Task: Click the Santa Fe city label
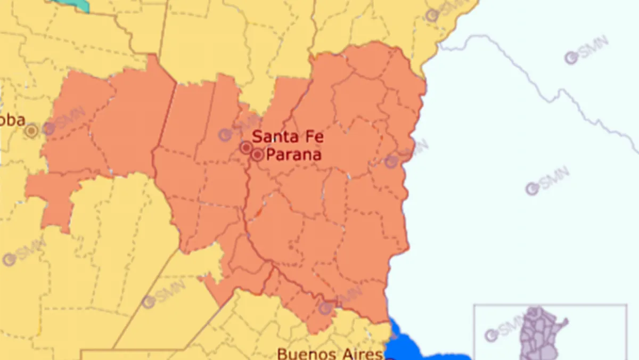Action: (288, 137)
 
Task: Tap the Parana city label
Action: (293, 155)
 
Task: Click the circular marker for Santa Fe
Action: (246, 147)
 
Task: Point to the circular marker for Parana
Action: (258, 155)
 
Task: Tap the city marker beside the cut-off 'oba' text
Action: (32, 130)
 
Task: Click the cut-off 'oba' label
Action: (12, 120)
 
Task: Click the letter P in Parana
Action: (271, 155)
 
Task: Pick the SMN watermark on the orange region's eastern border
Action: (407, 154)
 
